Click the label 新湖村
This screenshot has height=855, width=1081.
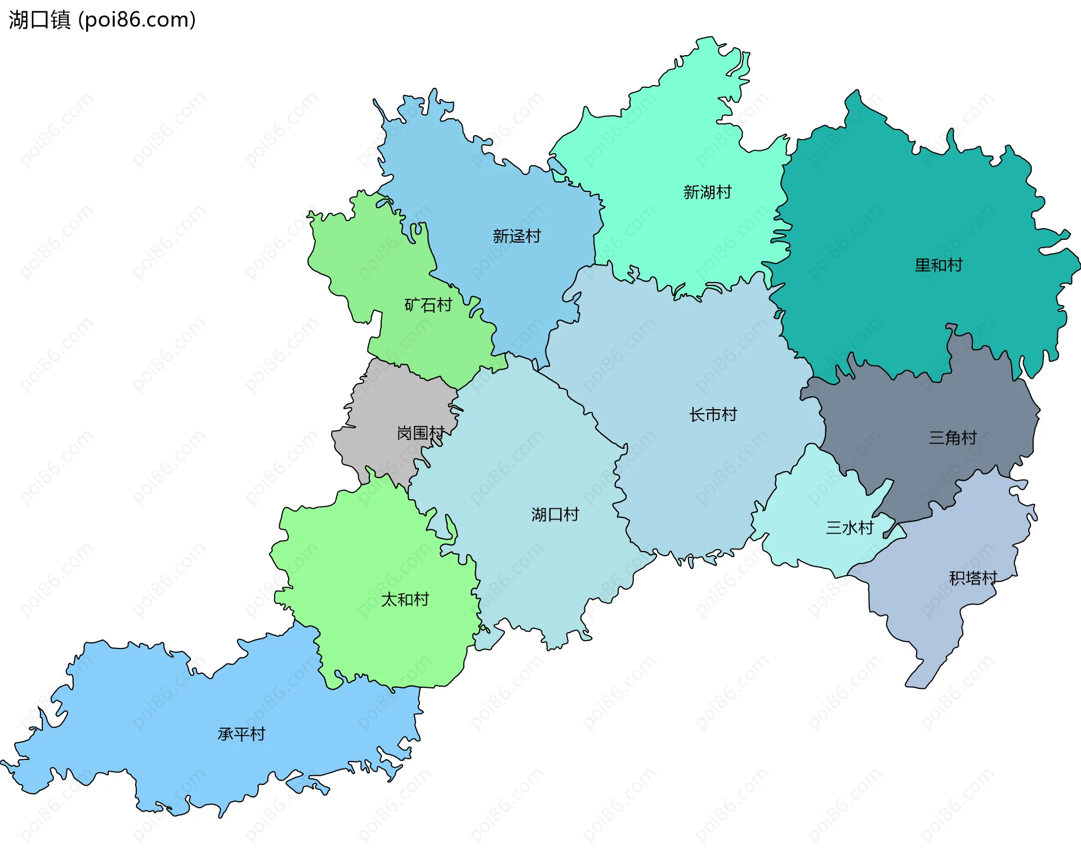707,193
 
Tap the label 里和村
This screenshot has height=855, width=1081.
939,265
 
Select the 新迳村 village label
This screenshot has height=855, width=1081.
516,236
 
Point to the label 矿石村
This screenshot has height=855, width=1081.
428,305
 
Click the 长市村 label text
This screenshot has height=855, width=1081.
713,415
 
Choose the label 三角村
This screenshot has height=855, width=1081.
953,437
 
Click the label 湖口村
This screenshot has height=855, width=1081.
555,514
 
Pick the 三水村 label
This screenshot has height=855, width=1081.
849,528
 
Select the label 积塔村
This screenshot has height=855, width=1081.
973,578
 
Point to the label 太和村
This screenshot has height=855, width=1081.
405,599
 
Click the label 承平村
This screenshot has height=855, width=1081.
241,734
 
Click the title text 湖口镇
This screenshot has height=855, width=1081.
39,20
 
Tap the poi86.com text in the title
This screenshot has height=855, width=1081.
137,20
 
